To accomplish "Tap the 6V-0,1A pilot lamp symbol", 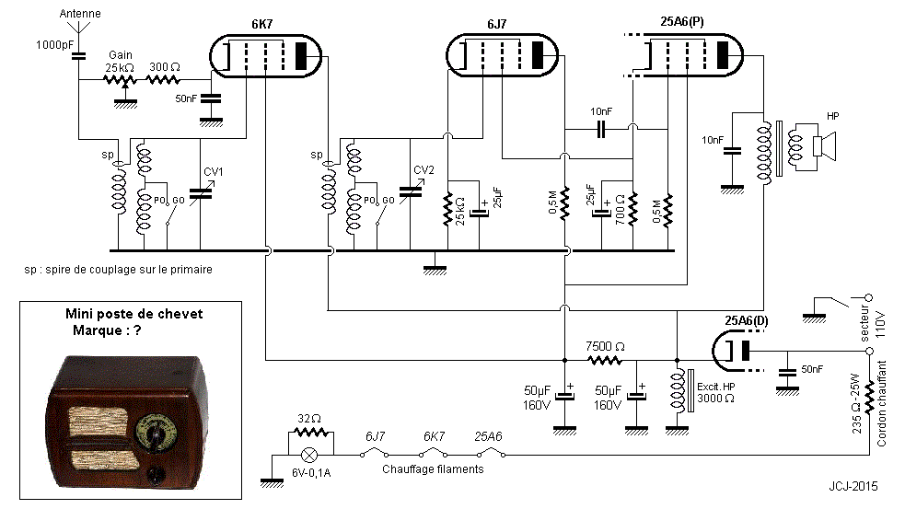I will (312, 453).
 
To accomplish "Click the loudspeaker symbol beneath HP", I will (821, 145).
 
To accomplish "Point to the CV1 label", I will (214, 171).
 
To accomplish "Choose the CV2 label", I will (423, 169).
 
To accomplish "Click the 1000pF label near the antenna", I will (55, 44).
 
